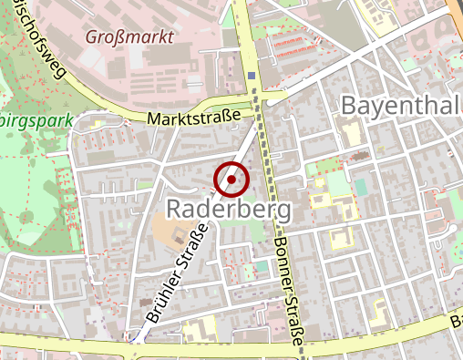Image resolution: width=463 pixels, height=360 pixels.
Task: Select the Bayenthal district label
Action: (400, 105)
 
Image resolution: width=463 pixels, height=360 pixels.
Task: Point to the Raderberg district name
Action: (229, 210)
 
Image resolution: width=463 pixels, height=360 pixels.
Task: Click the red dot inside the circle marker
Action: (231, 180)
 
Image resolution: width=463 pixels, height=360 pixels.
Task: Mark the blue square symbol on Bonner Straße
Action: (252, 77)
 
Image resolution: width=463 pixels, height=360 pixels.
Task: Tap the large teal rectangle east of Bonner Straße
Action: (362, 187)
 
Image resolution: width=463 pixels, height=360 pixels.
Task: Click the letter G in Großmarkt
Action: (93, 38)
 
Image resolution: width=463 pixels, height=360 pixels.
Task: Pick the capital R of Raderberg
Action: (174, 210)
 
